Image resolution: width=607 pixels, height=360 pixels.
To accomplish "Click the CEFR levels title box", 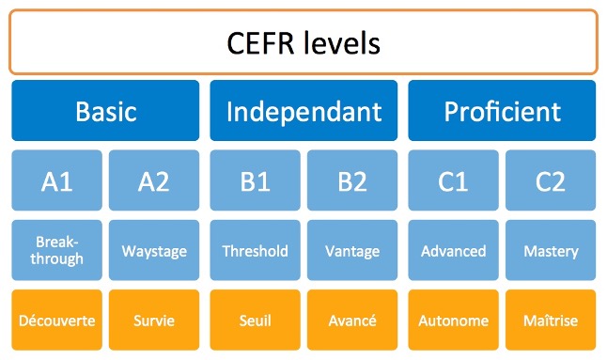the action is tap(303, 42).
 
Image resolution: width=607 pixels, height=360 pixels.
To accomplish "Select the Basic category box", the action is tap(105, 111).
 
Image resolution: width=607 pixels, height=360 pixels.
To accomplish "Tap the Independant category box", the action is tap(303, 111).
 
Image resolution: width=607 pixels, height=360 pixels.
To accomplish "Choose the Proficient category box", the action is tap(502, 111).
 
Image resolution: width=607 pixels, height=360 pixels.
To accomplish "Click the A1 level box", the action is tap(56, 180).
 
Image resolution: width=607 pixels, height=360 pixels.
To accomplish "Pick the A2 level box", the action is tap(154, 180).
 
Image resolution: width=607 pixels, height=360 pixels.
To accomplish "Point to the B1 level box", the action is tap(255, 180).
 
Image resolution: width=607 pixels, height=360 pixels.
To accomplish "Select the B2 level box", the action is tap(352, 180).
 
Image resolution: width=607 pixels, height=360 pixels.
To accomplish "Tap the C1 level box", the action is tap(453, 180).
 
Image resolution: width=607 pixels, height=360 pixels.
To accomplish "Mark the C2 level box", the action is tap(551, 180).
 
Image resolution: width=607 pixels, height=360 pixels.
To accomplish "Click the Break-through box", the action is tap(56, 251).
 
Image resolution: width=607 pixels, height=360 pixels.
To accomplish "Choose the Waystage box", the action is tap(154, 251).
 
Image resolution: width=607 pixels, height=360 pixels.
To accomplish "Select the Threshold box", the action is tap(255, 251).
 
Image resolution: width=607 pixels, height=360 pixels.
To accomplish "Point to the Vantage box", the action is tap(352, 251).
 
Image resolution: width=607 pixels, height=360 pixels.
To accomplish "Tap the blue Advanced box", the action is tap(453, 251).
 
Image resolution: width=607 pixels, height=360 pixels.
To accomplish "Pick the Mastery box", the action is tap(551, 251).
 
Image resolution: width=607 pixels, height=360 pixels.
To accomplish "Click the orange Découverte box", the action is tap(56, 321).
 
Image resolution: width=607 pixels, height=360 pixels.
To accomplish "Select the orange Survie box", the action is tap(154, 321).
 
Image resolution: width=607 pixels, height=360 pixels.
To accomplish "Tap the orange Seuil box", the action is tap(255, 321).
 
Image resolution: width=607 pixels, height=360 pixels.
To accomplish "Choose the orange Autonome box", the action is tap(453, 321).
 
